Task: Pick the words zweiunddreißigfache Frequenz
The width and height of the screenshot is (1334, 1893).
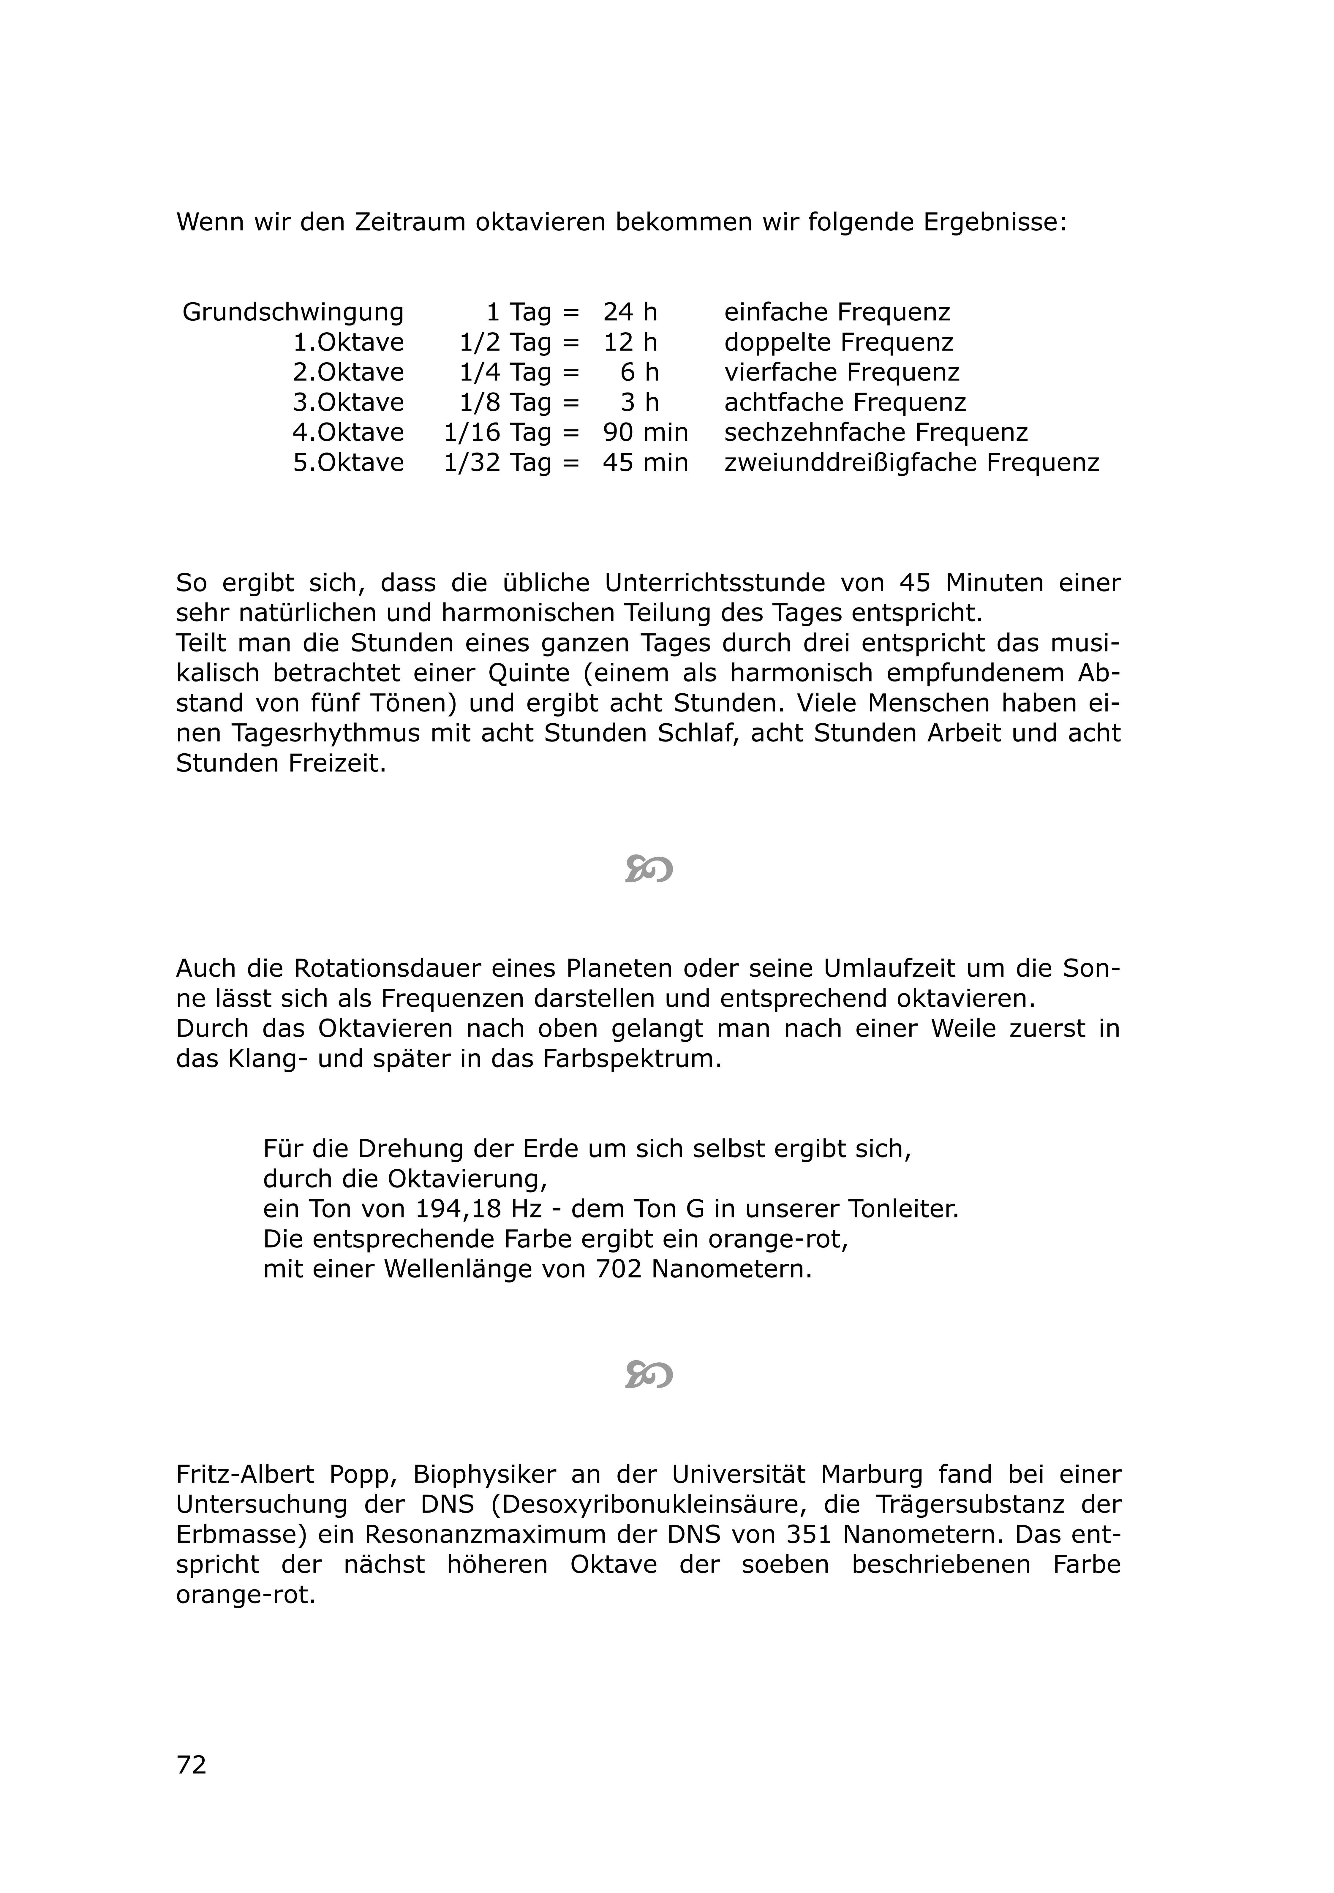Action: [x=911, y=463]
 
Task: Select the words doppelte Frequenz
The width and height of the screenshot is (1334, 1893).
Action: [x=838, y=342]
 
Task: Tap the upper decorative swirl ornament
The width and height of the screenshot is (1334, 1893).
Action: [x=649, y=869]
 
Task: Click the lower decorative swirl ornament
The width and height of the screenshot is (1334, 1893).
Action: [x=649, y=1375]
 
